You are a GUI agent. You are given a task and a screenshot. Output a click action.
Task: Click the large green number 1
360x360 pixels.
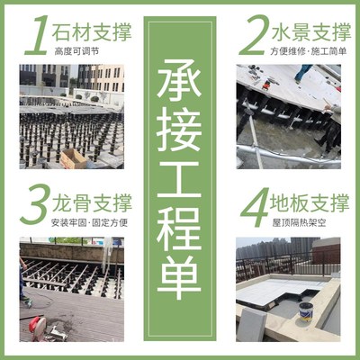tap(36, 34)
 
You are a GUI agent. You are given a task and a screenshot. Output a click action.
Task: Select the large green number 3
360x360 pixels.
tap(36, 205)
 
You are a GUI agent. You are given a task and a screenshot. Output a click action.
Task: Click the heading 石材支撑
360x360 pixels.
tap(93, 32)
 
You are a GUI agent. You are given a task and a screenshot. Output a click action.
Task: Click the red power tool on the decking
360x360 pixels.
tap(41, 323)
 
